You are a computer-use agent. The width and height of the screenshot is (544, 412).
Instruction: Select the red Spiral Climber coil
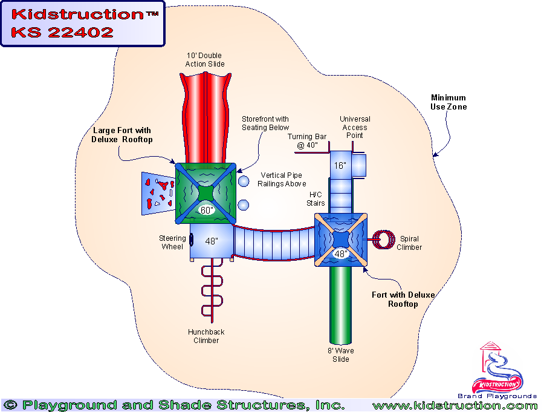coord(382,240)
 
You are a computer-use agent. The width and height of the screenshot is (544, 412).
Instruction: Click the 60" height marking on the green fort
coord(206,211)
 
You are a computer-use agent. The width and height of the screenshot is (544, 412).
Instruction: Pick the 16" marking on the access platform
coord(340,165)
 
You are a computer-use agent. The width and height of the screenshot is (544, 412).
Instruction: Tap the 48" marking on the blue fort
coord(341,254)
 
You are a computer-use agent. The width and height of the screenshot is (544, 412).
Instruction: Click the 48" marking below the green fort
coord(211,240)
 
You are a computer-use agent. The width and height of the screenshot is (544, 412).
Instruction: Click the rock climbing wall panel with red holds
coord(157,192)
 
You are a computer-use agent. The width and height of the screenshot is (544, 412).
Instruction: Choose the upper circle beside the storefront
coord(243,180)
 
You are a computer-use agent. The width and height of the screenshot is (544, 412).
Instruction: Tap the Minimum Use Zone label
coord(448,102)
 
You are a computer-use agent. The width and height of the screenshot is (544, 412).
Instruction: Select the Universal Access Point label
coord(355,127)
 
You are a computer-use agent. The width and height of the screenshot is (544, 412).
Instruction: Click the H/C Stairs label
coord(316,199)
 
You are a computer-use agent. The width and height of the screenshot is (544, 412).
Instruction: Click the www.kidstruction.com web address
coord(454,405)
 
